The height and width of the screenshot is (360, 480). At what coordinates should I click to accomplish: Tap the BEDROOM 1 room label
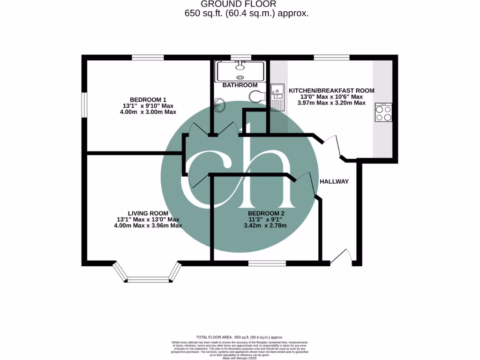point(148,99)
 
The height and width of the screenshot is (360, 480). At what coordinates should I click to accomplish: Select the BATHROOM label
point(240,85)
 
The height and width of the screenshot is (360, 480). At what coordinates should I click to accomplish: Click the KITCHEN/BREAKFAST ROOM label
point(331,90)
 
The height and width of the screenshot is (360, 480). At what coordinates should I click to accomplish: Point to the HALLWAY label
point(334,181)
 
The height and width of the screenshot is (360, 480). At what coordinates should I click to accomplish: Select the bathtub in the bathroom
point(240,71)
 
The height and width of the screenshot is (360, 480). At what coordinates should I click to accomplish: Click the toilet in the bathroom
point(257,97)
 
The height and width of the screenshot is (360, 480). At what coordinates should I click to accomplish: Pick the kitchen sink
point(277,96)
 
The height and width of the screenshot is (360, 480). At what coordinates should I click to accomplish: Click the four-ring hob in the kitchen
point(383,113)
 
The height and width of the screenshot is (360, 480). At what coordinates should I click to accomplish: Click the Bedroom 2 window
point(267,263)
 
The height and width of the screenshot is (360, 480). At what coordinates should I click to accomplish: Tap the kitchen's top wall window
point(331,58)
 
